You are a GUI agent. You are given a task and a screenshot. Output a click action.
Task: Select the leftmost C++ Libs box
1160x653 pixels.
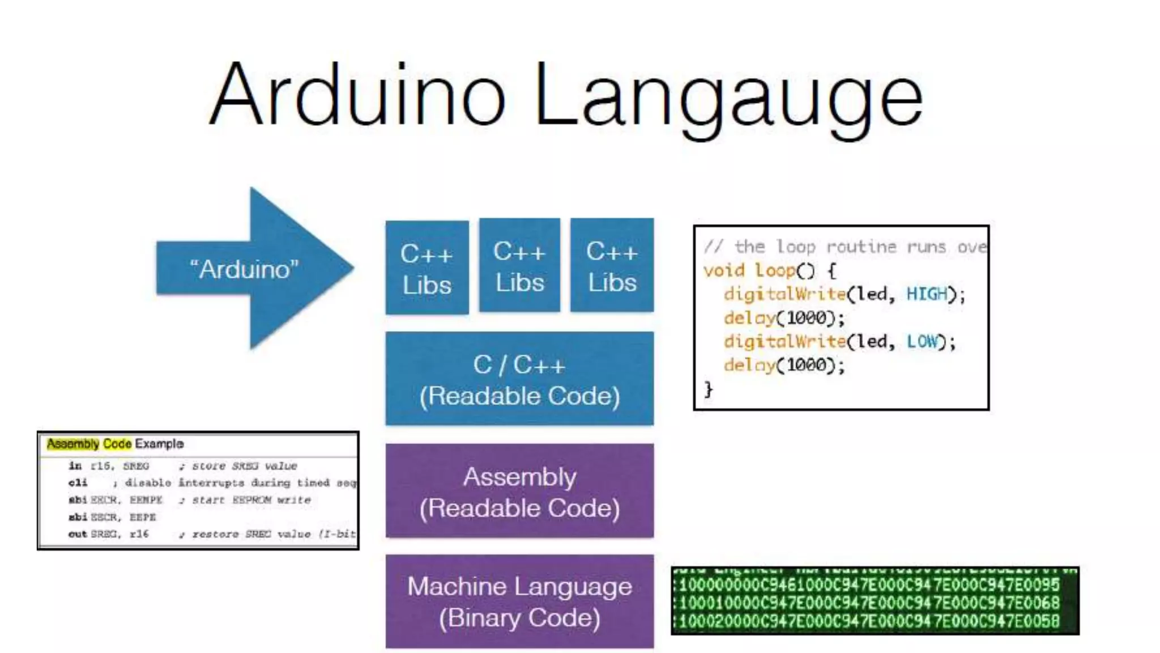click(x=427, y=268)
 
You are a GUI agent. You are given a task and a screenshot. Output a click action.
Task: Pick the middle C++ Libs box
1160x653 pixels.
click(x=519, y=266)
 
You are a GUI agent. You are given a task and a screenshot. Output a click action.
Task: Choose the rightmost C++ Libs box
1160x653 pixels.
click(x=612, y=266)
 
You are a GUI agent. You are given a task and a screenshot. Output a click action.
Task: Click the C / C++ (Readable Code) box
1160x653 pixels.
click(x=519, y=379)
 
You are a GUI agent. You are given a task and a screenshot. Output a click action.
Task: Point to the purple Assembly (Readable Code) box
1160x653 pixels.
click(x=519, y=491)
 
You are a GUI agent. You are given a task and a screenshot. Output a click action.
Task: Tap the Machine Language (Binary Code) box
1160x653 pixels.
click(x=519, y=601)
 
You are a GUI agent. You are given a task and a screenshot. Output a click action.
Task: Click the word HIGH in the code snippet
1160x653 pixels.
click(x=927, y=294)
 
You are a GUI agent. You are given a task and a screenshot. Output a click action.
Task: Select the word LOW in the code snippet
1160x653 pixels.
click(x=922, y=341)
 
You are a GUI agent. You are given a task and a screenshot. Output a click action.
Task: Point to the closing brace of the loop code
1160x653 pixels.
click(x=708, y=389)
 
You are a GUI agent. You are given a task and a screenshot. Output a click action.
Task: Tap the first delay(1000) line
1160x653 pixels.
click(x=784, y=318)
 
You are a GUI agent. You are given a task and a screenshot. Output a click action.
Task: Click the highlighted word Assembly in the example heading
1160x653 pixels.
click(x=73, y=444)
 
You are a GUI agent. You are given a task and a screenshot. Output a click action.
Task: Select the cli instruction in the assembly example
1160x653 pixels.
click(x=78, y=483)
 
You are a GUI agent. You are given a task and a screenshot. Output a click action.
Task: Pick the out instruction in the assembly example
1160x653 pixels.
click(x=78, y=534)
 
